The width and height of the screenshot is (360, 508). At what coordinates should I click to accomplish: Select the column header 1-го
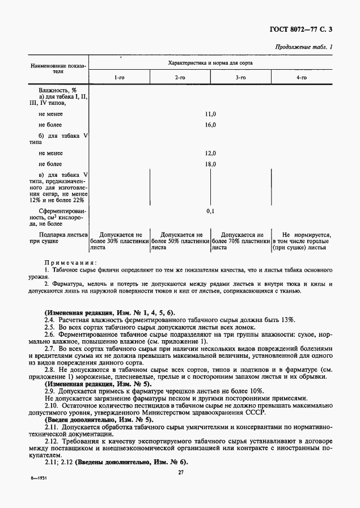119,76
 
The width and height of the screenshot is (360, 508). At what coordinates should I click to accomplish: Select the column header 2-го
180,76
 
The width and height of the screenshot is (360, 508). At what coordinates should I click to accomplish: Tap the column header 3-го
240,76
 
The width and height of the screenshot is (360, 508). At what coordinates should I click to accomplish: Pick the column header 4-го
302,76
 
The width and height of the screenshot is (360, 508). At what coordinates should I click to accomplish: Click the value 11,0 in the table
210,114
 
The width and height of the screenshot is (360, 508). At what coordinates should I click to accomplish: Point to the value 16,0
210,125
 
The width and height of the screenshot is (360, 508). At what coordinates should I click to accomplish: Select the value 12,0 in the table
210,154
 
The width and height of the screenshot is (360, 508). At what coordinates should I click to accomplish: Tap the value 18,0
210,164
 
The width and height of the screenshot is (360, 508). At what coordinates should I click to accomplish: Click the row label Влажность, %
57,90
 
